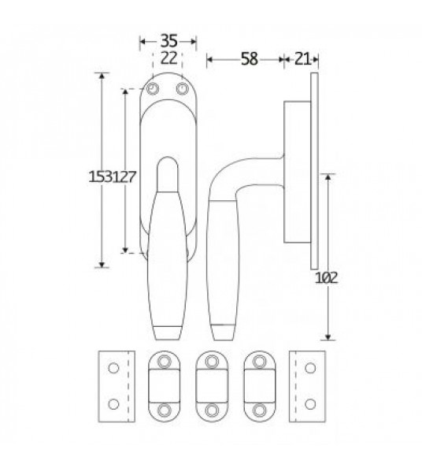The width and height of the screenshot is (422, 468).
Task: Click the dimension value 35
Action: tap(167, 39)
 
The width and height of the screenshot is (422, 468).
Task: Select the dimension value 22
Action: tap(168, 57)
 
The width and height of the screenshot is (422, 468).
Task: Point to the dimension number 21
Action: tap(299, 58)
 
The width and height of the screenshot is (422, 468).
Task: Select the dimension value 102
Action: tap(326, 277)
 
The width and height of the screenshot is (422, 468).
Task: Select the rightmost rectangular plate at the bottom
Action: tap(307, 386)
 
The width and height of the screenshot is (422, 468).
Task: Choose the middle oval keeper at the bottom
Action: tap(209, 386)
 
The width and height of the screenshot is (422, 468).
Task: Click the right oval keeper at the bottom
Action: tap(258, 386)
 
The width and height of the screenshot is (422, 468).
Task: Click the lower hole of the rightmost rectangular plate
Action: tap(308, 404)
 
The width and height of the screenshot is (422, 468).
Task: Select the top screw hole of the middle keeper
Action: tap(209, 361)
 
